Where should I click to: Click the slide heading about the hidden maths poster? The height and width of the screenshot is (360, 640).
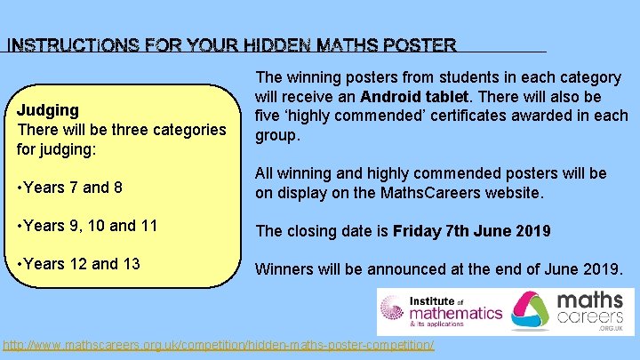point(231,44)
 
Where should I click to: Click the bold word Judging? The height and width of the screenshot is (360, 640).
point(47,109)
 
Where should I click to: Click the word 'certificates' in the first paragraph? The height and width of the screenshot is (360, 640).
point(458,116)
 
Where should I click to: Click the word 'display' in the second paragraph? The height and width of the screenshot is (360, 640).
point(303,191)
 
